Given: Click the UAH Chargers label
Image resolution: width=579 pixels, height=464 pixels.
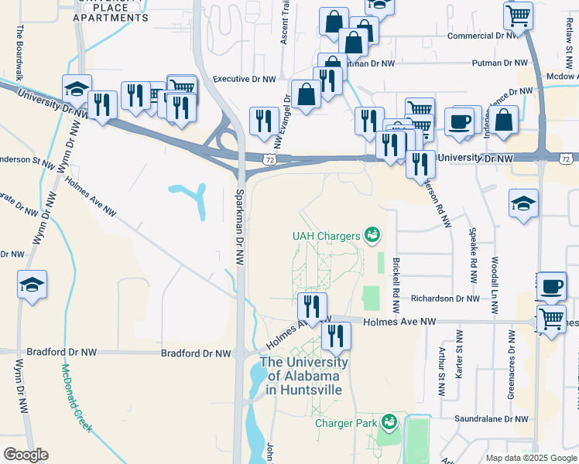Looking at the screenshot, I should [326, 235].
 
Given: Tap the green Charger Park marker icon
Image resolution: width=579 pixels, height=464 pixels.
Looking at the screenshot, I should [389, 422].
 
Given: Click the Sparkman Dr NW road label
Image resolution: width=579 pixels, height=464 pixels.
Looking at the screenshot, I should [240, 228].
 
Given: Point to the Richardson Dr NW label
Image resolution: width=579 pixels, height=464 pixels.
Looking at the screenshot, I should [445, 298].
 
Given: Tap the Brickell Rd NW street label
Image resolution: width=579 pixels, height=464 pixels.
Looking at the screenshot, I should [396, 280].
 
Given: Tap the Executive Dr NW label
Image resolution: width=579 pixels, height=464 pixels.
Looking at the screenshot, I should [245, 79].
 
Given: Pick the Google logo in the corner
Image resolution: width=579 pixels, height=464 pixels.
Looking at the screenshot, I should [26, 455].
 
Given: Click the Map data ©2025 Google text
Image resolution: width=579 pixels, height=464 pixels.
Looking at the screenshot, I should [531, 458].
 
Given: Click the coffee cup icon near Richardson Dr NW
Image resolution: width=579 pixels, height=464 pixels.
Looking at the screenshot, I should [551, 286].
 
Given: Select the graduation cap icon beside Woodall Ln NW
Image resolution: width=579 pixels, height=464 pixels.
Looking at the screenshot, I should [523, 203].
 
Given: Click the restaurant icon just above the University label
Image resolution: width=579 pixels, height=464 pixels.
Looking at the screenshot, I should [336, 335].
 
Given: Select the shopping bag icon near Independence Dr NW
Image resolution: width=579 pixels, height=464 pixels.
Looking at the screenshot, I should [504, 121].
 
